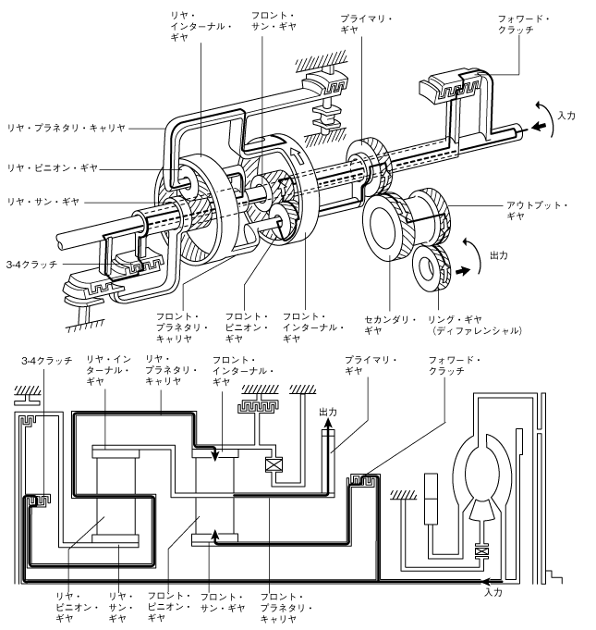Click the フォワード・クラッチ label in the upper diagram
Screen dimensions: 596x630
click(523, 24)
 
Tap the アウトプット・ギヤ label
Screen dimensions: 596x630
click(537, 211)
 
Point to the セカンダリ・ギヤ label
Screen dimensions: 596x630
click(390, 325)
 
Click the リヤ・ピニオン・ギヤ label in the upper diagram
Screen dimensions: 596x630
click(53, 168)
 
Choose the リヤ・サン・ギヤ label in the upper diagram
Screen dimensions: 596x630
click(43, 202)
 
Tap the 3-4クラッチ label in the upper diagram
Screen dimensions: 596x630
click(32, 265)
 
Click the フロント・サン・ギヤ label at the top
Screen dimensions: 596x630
click(274, 21)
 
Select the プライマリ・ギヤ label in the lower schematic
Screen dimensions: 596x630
click(370, 365)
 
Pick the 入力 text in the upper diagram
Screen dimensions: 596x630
click(566, 116)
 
